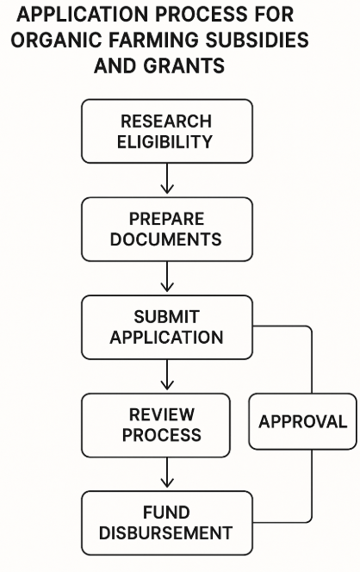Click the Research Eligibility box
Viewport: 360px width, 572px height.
[167, 131]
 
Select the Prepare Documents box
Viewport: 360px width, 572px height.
[167, 229]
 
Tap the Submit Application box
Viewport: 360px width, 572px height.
[167, 327]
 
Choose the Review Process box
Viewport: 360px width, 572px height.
[156, 426]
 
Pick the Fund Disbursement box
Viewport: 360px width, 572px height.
[167, 523]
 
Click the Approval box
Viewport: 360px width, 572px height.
[303, 421]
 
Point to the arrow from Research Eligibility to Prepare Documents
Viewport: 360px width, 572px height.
[167, 178]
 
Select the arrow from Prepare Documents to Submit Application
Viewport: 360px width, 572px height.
[167, 277]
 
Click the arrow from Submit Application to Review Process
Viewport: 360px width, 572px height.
[167, 375]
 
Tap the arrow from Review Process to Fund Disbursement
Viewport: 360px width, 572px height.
[167, 472]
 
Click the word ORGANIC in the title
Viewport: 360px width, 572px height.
[56, 40]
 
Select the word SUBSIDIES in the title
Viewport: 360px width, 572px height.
[258, 40]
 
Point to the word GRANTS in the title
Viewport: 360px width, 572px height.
[183, 66]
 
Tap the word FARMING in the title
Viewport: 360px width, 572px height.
[153, 40]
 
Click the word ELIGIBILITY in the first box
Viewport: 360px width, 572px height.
[164, 142]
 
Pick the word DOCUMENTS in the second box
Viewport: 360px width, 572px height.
[166, 239]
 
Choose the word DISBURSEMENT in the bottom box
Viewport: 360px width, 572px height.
[165, 533]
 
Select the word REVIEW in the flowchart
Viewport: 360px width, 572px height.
[162, 414]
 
